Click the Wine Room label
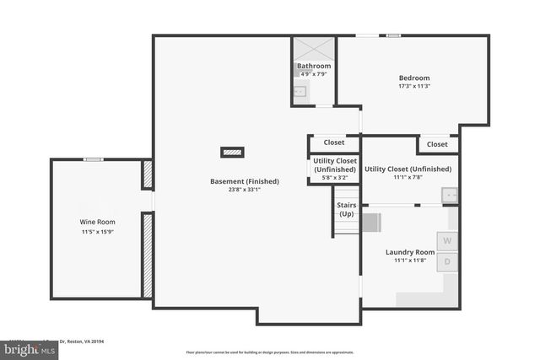pyautogui.click(x=99, y=222)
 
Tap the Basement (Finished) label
pyautogui.click(x=245, y=181)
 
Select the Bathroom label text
pyautogui.click(x=313, y=66)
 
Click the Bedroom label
pyautogui.click(x=414, y=78)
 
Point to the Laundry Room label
pyautogui.click(x=410, y=252)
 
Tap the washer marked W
pyautogui.click(x=447, y=240)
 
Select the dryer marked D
pyautogui.click(x=447, y=261)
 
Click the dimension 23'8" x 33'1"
pyautogui.click(x=245, y=190)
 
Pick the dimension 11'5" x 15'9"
pyautogui.click(x=99, y=231)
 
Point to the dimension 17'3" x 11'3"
pyautogui.click(x=414, y=86)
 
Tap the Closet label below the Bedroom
pyautogui.click(x=437, y=144)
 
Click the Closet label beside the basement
pyautogui.click(x=333, y=142)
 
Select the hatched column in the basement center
pyautogui.click(x=232, y=153)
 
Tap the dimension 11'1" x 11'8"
pyautogui.click(x=410, y=261)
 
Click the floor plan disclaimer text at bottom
pyautogui.click(x=270, y=352)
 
